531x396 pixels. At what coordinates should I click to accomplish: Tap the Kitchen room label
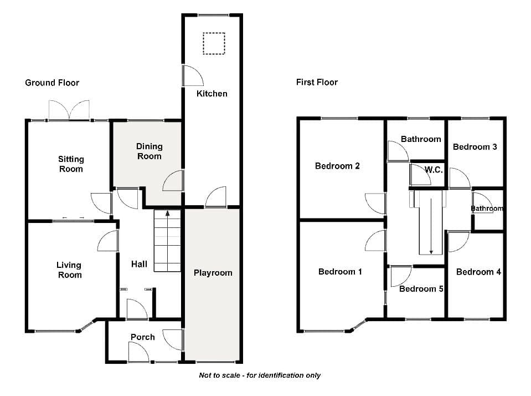coord(212,94)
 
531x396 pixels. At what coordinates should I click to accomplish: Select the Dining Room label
coord(149,151)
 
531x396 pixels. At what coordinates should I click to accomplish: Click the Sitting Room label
coord(71,164)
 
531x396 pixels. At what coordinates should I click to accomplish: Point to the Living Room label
coord(69,270)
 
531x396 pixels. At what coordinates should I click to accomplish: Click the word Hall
coord(139,264)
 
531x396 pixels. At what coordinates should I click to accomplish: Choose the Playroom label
coord(213,273)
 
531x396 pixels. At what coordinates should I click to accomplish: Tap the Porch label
coord(142,337)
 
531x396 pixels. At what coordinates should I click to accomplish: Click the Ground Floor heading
coord(52,83)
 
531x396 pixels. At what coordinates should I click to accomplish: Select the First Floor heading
coord(317,82)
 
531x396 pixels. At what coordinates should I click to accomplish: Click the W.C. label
coord(434,170)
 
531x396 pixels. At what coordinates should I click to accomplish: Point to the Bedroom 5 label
coord(421,289)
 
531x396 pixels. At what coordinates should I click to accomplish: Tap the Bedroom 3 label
coord(475,147)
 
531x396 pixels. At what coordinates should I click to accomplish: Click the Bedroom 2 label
coord(337,166)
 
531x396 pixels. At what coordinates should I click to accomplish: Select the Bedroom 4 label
coord(478,272)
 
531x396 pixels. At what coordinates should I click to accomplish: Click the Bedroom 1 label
coord(340,271)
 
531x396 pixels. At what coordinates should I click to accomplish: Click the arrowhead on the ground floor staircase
coord(167,213)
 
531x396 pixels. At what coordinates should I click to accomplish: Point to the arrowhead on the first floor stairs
coord(431,252)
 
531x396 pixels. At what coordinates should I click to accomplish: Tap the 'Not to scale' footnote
coord(259,375)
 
